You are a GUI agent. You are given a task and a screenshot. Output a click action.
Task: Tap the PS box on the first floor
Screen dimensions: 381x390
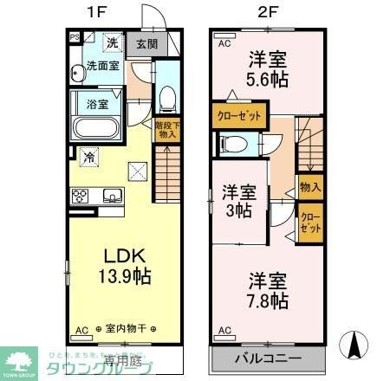pos(75,36)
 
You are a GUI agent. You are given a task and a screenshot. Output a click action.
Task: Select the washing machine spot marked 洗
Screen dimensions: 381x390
pos(111,42)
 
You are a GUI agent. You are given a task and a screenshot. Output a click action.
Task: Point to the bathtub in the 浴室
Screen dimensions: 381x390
pos(96,128)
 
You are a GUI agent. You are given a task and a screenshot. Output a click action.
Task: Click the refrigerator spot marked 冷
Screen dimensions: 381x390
pos(90,157)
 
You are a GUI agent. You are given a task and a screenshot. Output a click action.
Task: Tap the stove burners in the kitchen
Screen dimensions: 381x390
pos(80,194)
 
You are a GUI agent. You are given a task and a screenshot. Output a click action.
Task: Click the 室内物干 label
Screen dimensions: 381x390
pos(125,330)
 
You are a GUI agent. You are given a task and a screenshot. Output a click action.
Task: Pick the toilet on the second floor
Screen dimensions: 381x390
pos(231,144)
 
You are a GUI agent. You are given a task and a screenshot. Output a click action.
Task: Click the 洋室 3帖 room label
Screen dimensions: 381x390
pos(237,201)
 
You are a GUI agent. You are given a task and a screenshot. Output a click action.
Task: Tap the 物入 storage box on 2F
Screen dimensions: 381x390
pos(309,186)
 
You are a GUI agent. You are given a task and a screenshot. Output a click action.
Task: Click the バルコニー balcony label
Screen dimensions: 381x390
pos(267,358)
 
